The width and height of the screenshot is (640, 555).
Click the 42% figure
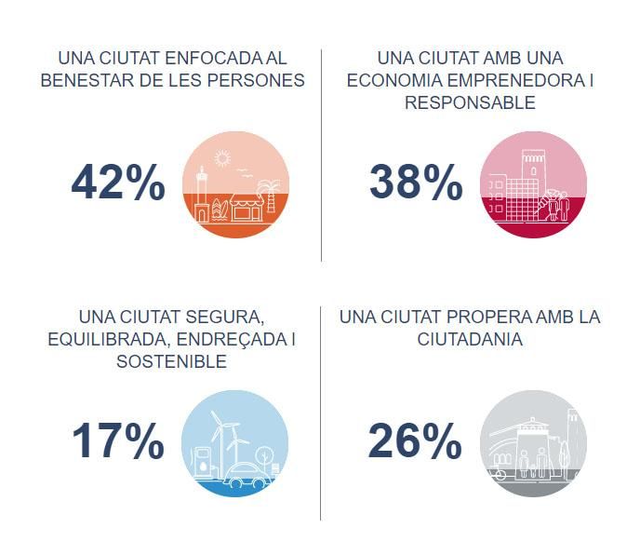[118, 184]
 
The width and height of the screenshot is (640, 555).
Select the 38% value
[416, 183]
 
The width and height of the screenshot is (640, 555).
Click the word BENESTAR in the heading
[82, 80]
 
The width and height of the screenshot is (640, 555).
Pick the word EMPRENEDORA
[516, 80]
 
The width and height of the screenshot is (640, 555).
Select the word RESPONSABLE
[470, 102]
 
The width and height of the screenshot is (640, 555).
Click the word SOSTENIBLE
[171, 361]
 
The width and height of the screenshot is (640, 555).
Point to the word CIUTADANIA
[470, 340]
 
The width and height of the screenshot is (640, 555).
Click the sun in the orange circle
[221, 157]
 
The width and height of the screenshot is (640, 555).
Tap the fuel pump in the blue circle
[202, 464]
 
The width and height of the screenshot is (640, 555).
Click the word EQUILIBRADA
[103, 339]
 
